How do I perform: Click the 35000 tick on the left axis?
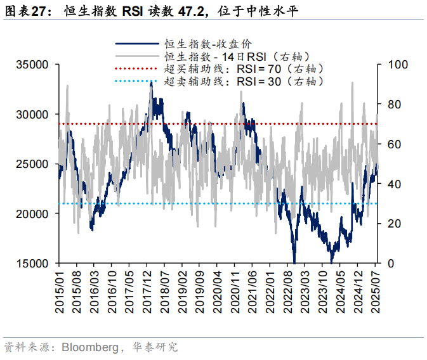click(32, 65)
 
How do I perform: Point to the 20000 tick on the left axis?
click(32, 214)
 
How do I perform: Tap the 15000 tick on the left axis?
click(32, 264)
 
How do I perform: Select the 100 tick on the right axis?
click(393, 65)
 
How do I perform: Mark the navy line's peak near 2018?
click(151, 83)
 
